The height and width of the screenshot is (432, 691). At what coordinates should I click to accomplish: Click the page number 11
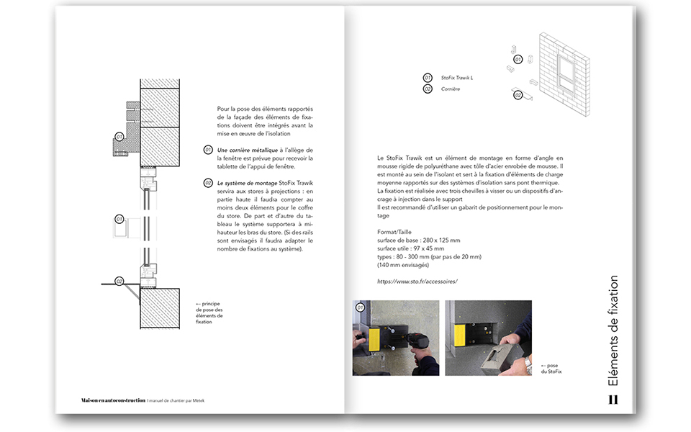pyautogui.click(x=613, y=400)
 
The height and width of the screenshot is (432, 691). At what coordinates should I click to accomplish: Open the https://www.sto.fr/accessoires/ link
pyautogui.click(x=417, y=281)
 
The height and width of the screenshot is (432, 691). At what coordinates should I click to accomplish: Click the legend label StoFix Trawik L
pyautogui.click(x=457, y=77)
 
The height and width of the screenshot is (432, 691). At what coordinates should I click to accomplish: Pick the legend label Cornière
pyautogui.click(x=451, y=89)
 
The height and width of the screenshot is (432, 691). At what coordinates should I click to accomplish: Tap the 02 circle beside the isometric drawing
pyautogui.click(x=517, y=94)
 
